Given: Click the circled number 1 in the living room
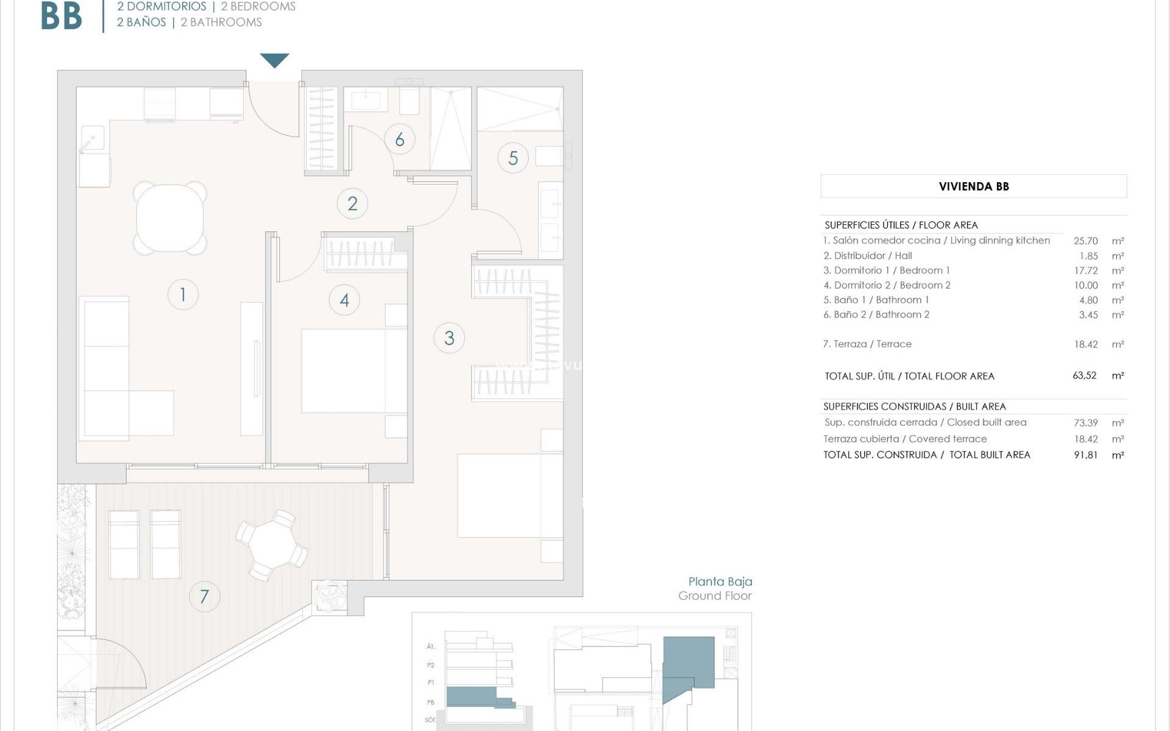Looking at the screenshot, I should point(183,294).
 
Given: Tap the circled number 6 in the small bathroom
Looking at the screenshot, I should point(400,139).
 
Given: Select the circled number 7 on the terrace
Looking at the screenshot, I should point(204,596).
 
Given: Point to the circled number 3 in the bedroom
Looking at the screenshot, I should point(449,338).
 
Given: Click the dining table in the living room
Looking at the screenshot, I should point(170,218).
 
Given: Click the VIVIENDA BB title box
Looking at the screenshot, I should point(973,186).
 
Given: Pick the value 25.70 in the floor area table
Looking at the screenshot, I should point(1085,241).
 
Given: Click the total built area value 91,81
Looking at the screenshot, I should point(1085,455).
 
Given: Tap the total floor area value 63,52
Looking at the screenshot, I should point(1084,376).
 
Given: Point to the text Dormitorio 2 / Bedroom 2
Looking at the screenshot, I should point(887,285).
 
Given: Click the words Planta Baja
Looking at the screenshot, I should point(720,582).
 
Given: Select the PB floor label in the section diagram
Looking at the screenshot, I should point(431,702).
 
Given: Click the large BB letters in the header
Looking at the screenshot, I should point(61,16).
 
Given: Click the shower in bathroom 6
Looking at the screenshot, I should point(451,128).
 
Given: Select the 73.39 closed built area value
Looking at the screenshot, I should point(1085,423).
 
